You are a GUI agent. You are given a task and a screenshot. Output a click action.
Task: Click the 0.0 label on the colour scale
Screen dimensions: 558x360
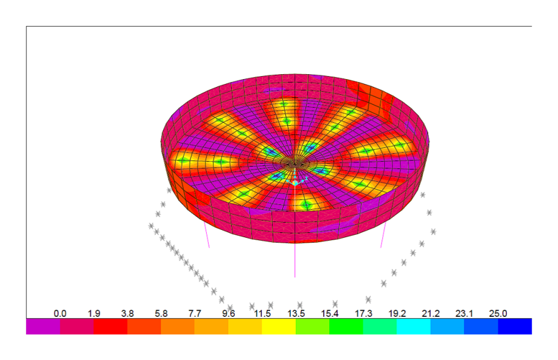60,313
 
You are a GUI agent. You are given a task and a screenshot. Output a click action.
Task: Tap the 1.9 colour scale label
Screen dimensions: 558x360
94,313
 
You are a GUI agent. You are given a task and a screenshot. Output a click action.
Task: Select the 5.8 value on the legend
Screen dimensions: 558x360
161,313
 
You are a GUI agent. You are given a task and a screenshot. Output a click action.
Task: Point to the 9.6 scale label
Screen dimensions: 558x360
228,313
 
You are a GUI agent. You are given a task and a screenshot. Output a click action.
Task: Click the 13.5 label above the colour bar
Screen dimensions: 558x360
296,313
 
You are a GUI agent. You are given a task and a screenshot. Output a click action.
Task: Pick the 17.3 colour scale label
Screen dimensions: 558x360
363,313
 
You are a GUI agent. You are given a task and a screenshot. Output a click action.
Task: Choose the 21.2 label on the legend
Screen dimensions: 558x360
431,313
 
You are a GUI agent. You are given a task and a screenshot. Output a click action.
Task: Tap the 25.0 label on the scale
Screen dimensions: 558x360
498,313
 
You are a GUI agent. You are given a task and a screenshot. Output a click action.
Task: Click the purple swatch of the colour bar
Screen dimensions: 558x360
43,326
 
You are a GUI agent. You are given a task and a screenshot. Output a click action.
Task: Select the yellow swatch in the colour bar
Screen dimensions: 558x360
279,326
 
